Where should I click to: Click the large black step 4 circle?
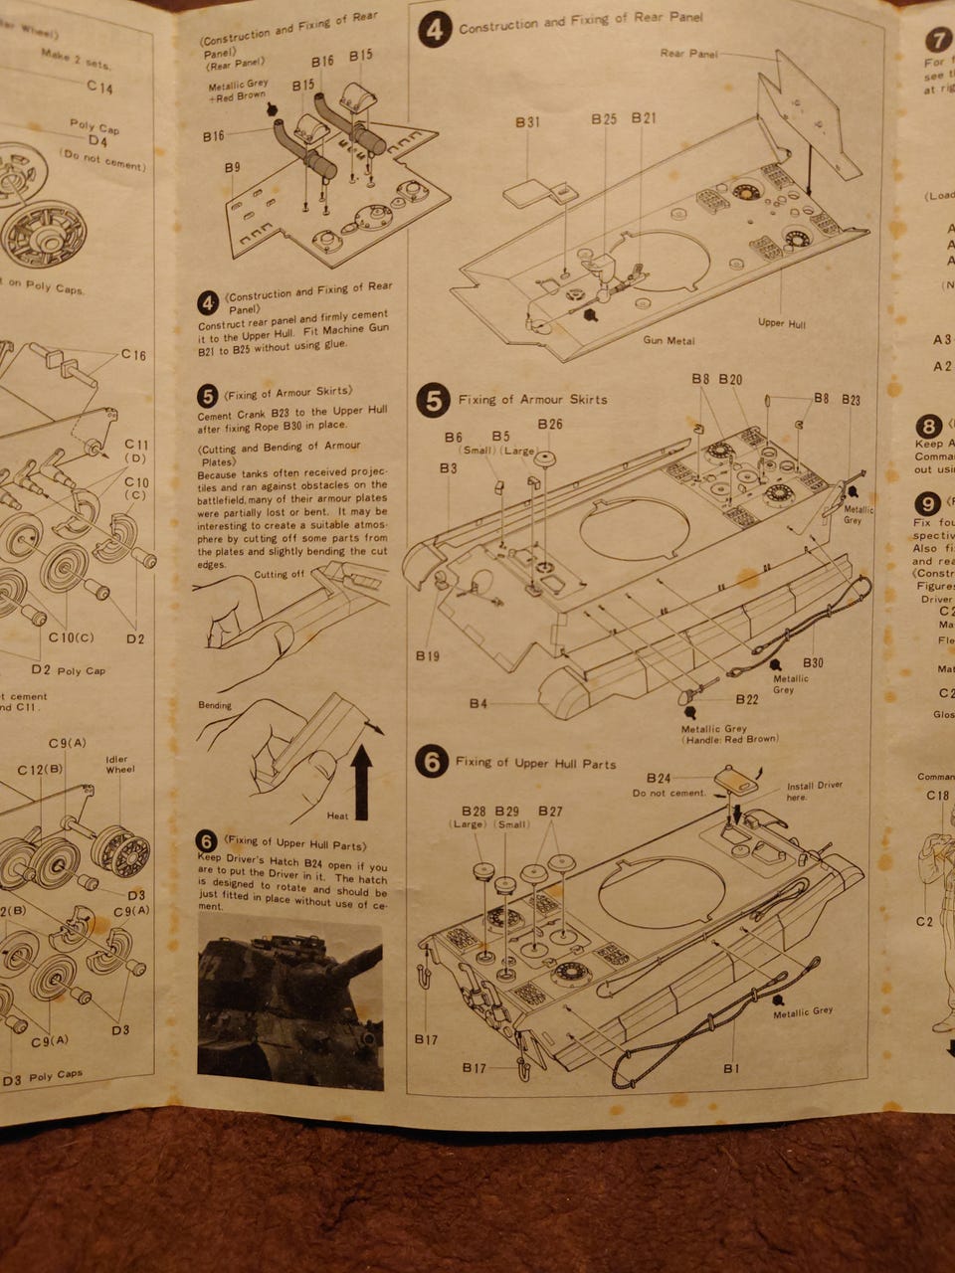(435, 30)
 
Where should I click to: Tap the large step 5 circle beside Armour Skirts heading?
(433, 400)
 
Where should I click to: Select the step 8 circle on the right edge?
(928, 427)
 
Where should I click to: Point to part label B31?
(527, 121)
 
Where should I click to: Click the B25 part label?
(604, 118)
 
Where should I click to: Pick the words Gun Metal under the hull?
(668, 340)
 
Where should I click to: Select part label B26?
(550, 424)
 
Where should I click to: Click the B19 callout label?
(428, 656)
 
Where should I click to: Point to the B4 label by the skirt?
(478, 704)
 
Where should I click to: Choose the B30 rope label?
(812, 662)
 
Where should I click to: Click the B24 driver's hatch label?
(659, 778)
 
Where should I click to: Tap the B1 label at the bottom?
(731, 1068)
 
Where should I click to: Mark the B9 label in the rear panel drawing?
(232, 168)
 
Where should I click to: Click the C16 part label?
(133, 355)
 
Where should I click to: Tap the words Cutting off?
(279, 574)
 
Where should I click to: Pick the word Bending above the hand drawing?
(215, 705)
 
